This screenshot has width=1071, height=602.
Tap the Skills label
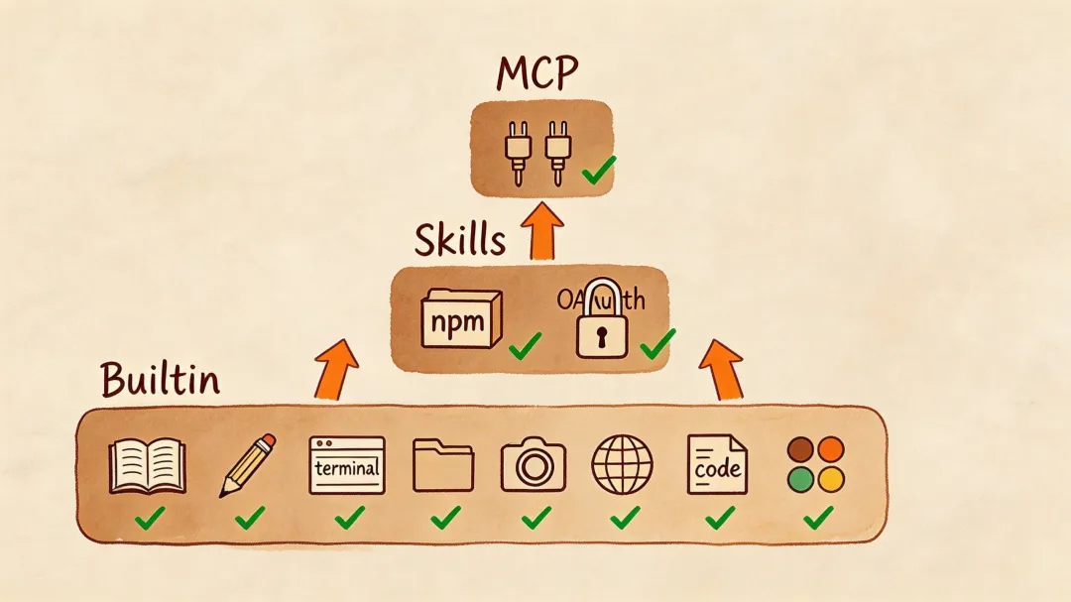pos(459,240)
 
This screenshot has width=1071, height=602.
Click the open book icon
pos(148,465)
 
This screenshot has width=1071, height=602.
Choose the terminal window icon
pos(347,465)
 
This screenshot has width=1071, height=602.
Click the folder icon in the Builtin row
pos(443,465)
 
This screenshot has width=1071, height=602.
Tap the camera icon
pos(533,464)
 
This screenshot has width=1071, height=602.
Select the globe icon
pos(623,464)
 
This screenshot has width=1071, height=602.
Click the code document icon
pos(717,464)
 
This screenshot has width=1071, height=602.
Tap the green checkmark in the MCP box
pos(598,171)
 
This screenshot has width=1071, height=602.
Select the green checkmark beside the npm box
pos(525,345)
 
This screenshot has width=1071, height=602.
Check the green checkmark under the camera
pos(535,517)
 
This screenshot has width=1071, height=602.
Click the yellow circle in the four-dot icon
pos(830,480)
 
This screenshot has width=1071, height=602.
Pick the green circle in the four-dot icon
pos(800,480)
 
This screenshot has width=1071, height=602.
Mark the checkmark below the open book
pos(150,517)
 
